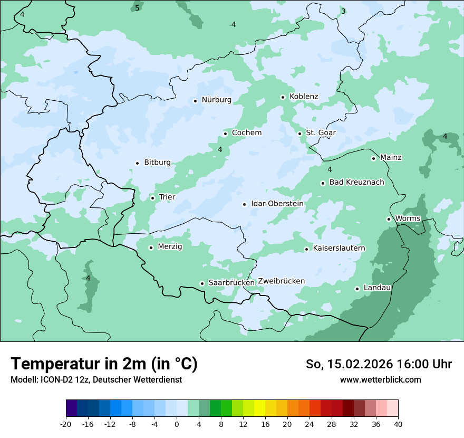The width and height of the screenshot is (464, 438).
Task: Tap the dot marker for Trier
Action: point(152,198)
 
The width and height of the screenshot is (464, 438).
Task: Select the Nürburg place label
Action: point(216,100)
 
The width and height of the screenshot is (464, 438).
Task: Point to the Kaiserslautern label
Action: point(339,248)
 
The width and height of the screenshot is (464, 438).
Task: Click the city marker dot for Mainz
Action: point(373,158)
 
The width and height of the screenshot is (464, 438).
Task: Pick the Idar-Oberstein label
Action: point(277,204)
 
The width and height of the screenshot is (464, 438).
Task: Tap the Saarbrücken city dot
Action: point(202,283)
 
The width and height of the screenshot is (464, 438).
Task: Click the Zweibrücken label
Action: point(281,281)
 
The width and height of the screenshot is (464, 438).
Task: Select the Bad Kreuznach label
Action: point(356,182)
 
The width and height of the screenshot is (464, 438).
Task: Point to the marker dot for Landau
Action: point(357,289)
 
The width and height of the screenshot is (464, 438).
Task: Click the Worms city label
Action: point(408,218)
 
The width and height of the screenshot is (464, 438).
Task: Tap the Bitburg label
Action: point(157,163)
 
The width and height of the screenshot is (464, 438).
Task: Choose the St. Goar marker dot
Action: point(299,134)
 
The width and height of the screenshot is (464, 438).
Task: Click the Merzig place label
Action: point(170,246)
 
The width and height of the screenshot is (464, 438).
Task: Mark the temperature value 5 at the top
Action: point(137,8)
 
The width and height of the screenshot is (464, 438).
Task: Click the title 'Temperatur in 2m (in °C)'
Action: point(104,364)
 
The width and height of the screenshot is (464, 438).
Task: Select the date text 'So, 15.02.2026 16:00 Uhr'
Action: point(379,364)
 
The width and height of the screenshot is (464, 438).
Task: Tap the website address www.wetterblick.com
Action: point(380,379)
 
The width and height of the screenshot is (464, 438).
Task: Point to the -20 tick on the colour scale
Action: point(66,424)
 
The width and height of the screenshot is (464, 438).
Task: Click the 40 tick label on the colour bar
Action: point(398,424)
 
